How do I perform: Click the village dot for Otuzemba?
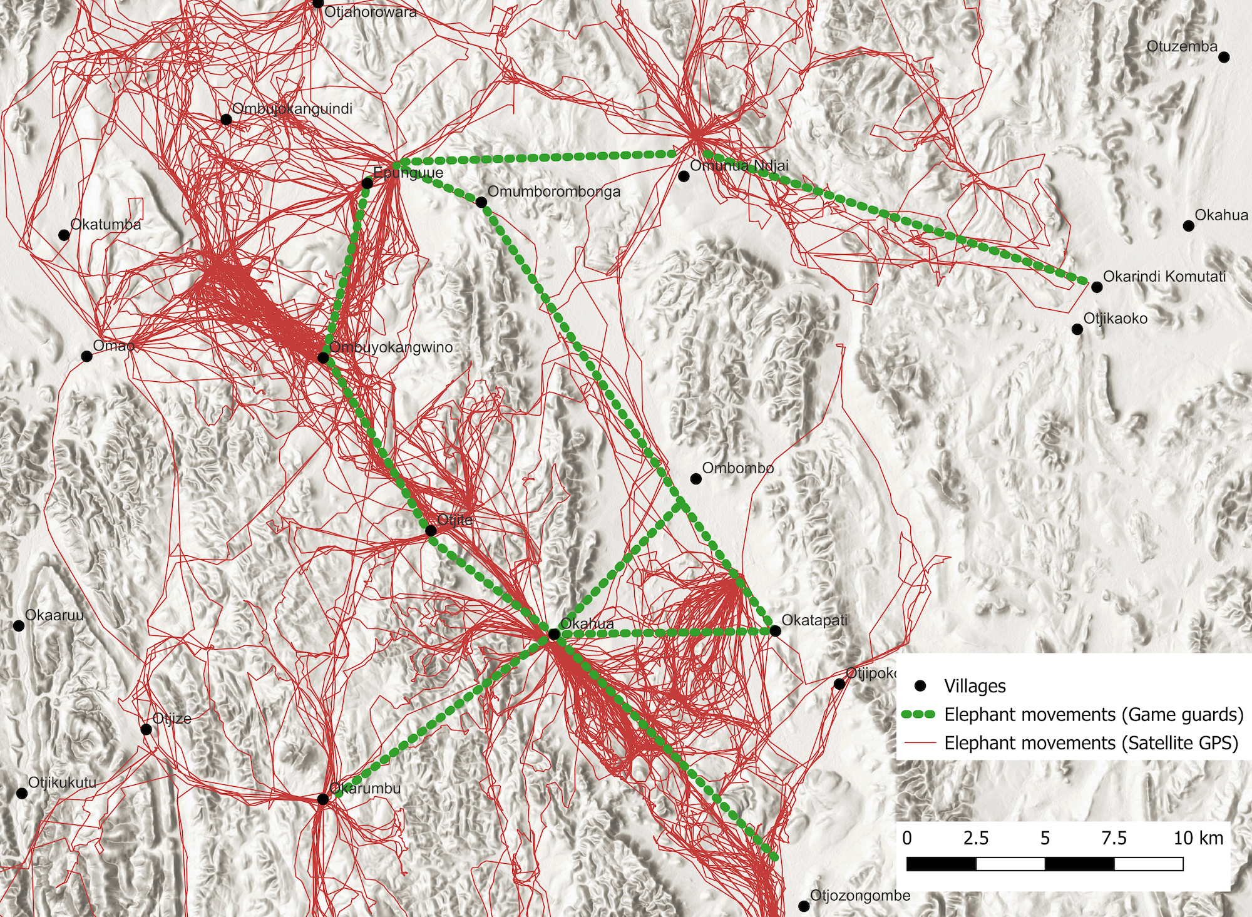1224,58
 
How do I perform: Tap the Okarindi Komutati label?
1164,277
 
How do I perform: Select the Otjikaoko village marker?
1077,329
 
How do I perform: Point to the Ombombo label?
737,468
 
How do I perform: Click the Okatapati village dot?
775,631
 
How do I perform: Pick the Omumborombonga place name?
554,192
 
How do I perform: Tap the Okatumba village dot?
64,235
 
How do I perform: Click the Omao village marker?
87,357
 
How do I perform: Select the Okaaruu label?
54,615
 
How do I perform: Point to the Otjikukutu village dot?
22,794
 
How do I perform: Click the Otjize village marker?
146,729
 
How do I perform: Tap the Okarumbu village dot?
322,799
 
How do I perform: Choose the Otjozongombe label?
860,896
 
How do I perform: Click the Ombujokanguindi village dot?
227,120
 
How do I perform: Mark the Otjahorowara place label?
371,12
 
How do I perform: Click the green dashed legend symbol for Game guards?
920,714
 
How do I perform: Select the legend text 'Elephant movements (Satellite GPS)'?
1091,743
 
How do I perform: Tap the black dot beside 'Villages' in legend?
920,686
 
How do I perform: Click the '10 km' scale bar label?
1198,838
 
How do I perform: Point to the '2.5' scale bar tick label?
976,838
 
